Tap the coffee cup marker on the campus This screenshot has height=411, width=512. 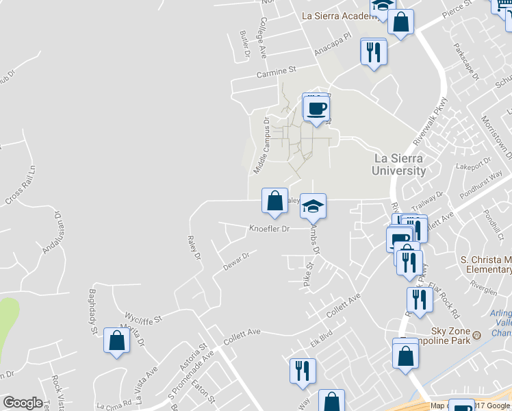point(316,108)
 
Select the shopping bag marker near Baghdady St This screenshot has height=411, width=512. point(116,340)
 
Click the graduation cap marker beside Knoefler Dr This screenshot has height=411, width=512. point(313,206)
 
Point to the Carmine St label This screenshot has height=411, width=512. point(276,71)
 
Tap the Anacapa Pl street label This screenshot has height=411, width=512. point(332,47)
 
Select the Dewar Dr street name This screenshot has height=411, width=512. point(235,260)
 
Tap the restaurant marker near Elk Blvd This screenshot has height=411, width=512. point(302,371)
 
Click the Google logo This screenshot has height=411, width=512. point(23,403)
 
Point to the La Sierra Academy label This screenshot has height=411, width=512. point(336,15)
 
